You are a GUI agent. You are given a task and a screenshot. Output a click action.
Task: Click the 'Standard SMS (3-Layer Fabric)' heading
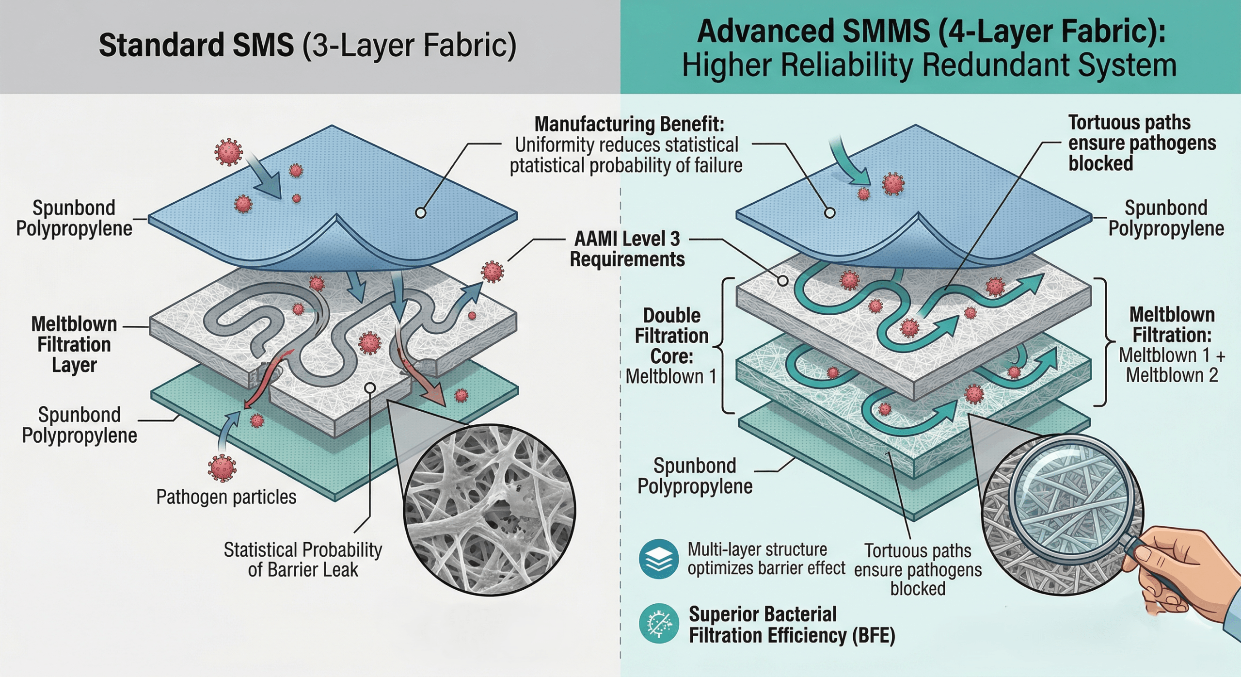pyautogui.click(x=307, y=46)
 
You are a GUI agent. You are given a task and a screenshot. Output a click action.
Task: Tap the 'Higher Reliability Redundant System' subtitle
pyautogui.click(x=929, y=66)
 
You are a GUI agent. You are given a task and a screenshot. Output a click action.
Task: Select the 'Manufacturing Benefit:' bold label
pyautogui.click(x=629, y=125)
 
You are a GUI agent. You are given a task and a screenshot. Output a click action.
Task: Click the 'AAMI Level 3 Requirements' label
pyautogui.click(x=627, y=249)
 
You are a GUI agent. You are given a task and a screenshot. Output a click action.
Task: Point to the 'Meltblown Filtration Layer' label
pyautogui.click(x=74, y=344)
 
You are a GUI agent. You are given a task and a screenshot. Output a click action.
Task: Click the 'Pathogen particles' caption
pyautogui.click(x=226, y=497)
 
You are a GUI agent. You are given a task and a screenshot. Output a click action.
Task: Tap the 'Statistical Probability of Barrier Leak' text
pyautogui.click(x=302, y=560)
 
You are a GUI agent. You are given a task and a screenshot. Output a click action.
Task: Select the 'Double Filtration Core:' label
pyautogui.click(x=671, y=336)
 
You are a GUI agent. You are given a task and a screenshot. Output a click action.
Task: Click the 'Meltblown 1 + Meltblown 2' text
pyautogui.click(x=1172, y=365)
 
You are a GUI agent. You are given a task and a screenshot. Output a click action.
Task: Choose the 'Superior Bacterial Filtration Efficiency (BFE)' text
pyautogui.click(x=792, y=625)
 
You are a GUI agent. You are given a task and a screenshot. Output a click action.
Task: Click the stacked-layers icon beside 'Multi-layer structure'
pyautogui.click(x=658, y=559)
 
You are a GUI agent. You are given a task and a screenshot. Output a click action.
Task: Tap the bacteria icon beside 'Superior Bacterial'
pyautogui.click(x=658, y=623)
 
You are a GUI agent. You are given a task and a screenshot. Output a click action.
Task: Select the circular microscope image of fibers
pyautogui.click(x=490, y=509)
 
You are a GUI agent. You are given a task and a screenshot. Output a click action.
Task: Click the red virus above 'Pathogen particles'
pyautogui.click(x=222, y=468)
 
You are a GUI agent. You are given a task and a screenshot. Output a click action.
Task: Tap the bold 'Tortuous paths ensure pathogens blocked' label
pyautogui.click(x=1142, y=143)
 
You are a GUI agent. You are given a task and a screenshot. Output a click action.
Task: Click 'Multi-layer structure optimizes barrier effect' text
pyautogui.click(x=766, y=559)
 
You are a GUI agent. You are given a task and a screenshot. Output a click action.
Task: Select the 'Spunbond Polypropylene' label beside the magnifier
pyautogui.click(x=695, y=476)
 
